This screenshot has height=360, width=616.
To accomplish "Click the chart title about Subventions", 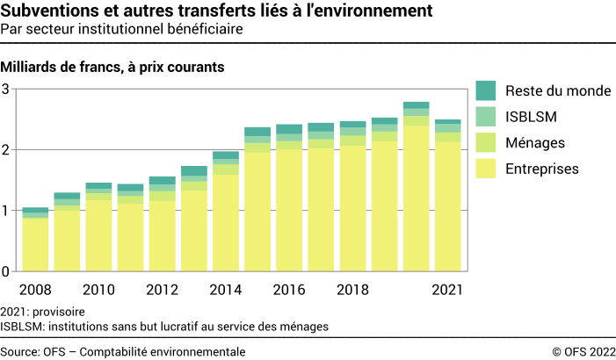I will tap(217, 11).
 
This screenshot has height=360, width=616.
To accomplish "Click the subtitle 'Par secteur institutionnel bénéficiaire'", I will tap(122, 30).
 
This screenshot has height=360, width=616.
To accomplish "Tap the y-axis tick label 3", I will tap(5, 89).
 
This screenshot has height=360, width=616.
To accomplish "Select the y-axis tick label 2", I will tap(5, 149).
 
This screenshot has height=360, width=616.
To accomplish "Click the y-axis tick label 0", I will tap(5, 271).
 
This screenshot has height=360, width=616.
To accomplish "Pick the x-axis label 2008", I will tap(35, 289).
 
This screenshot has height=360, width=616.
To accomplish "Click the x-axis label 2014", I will tap(226, 289).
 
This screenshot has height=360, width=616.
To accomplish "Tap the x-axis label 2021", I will tap(448, 289).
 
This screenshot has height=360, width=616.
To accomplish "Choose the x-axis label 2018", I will tap(353, 289).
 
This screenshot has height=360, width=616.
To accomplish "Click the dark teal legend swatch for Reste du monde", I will tap(486, 90).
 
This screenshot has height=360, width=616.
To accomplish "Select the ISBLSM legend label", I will tap(532, 116).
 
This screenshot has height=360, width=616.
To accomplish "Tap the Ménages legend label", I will tap(535, 142).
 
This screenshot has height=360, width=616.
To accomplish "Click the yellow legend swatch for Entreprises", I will tap(486, 168).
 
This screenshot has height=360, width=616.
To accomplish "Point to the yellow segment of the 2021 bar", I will tap(448, 206).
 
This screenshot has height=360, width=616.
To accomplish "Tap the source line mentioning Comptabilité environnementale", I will tap(123, 351).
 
